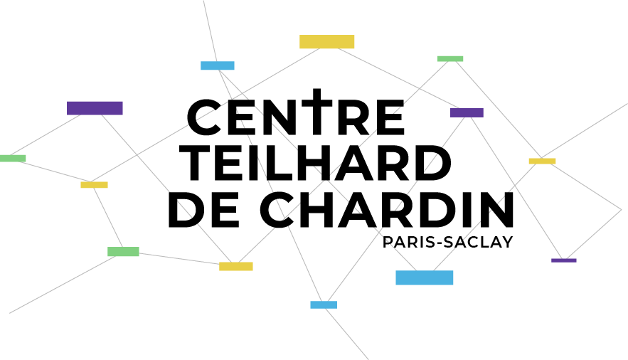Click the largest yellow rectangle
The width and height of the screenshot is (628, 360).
point(327,42)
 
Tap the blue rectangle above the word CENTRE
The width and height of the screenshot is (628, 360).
point(218,65)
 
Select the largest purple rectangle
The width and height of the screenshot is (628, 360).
point(95,108)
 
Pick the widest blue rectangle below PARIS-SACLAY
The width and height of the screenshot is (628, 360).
point(425,277)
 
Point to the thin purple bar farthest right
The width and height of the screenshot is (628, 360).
point(564,260)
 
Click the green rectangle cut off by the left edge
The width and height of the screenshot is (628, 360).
point(13,158)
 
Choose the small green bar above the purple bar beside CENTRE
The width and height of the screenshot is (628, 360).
point(450,59)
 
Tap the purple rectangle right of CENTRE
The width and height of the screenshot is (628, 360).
point(467,112)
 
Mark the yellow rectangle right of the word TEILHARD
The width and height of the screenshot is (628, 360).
point(542,161)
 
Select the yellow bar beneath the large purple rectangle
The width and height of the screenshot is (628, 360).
point(94,184)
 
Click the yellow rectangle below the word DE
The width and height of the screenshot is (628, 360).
point(236,266)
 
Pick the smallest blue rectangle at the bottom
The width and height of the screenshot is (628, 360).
point(324,305)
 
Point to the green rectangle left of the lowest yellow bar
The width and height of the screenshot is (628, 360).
point(123,251)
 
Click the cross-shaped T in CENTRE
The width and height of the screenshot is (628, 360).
point(317,112)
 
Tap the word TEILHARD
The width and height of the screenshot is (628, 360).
point(316,163)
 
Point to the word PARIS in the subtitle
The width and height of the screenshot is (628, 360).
point(407,242)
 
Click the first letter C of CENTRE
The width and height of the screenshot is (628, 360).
point(205,117)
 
